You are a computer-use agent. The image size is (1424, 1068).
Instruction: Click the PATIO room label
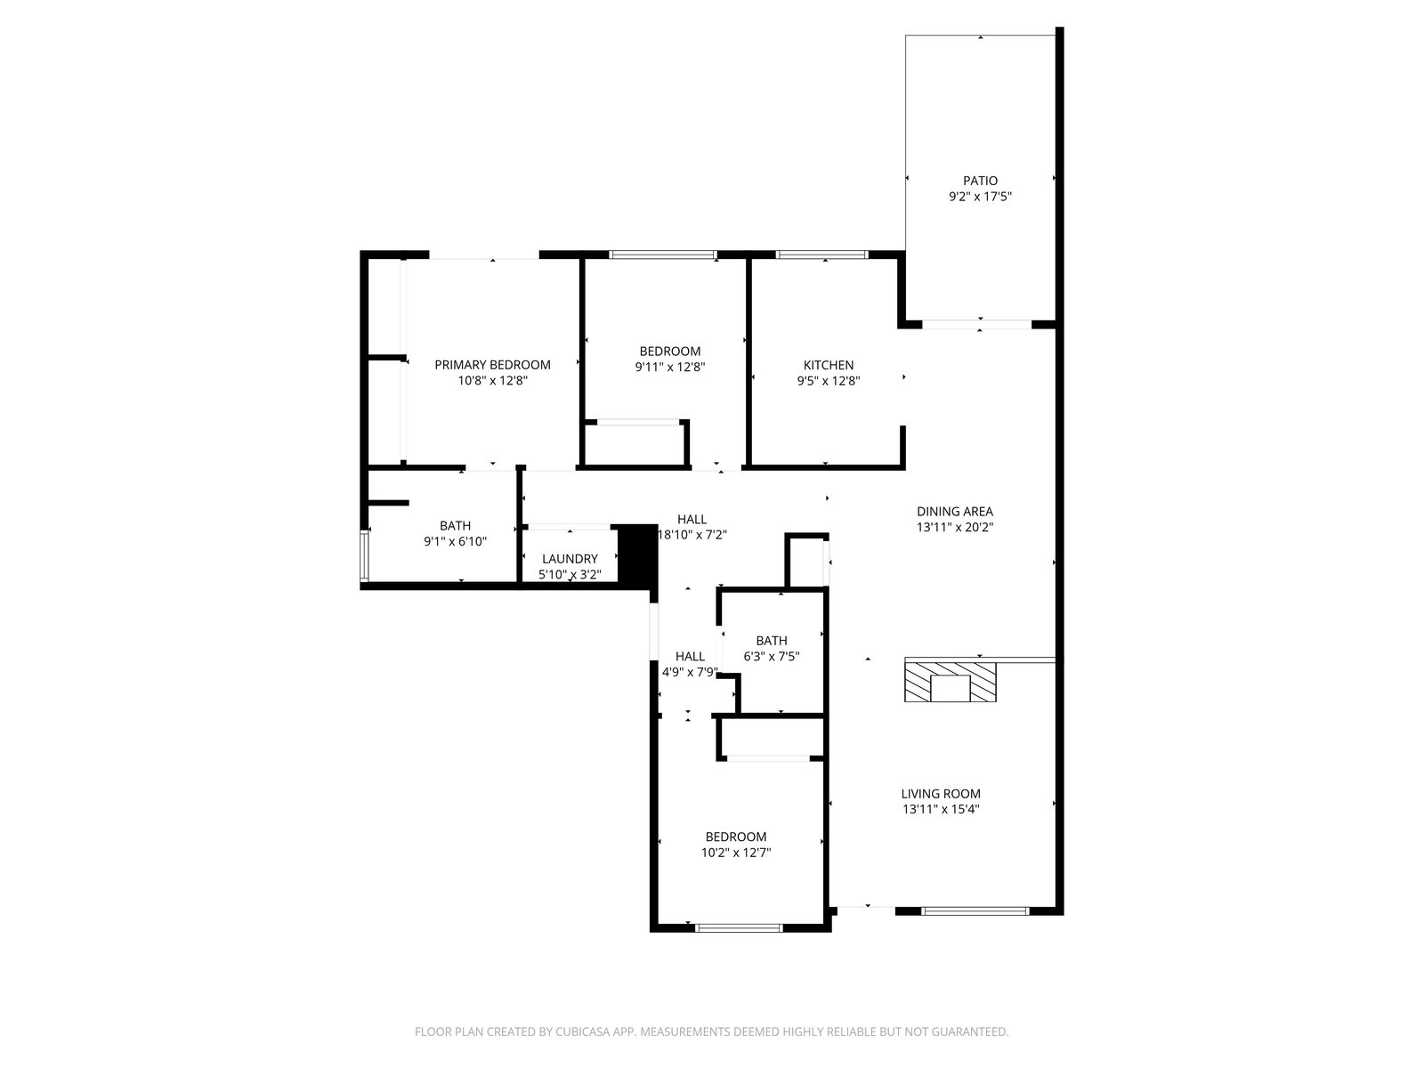pos(980,181)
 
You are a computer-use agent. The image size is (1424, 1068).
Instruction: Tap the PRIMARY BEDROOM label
pos(492,364)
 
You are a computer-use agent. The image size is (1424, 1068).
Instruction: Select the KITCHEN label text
pos(829,365)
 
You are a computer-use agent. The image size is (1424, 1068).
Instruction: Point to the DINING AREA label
pos(954,512)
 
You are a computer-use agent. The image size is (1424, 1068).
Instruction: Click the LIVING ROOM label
pos(940,793)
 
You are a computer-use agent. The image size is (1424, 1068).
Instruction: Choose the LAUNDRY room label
pos(570,558)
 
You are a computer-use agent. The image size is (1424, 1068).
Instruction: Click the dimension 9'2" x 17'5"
pos(980,196)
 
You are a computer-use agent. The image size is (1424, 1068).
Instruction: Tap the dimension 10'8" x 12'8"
pos(492,380)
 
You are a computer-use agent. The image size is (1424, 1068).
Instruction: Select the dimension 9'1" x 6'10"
pos(455,541)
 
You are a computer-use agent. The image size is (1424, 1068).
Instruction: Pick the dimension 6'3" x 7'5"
pos(771,656)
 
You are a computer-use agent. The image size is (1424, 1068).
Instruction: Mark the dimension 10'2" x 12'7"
pos(736,852)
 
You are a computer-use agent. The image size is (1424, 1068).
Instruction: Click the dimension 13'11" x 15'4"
pos(940,809)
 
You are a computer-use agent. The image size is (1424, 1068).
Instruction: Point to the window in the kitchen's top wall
pos(822,255)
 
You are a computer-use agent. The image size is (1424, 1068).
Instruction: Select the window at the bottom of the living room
pos(975,910)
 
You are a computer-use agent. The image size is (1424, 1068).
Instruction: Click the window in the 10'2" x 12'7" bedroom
pos(739,928)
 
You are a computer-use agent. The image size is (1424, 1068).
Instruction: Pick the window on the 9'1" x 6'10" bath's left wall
pos(365,555)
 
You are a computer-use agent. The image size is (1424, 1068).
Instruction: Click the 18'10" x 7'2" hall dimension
pos(692,535)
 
